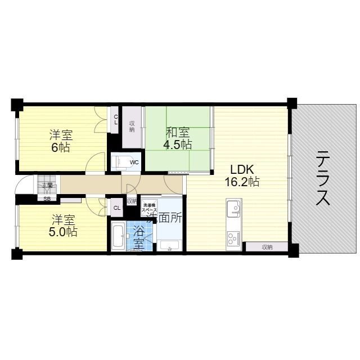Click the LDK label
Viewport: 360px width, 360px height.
[242, 169]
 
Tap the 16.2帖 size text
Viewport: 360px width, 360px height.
[242, 182]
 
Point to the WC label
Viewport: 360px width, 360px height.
[134, 163]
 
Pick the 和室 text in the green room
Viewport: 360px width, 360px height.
[177, 133]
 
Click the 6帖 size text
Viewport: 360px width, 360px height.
[60, 147]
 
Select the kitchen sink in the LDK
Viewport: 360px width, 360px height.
[234, 209]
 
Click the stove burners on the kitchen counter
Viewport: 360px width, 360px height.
[233, 240]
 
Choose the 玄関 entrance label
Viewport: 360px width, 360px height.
[47, 184]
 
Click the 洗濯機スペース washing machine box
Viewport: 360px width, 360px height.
[149, 207]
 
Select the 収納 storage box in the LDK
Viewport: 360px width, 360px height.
[267, 246]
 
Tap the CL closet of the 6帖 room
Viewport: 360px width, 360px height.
[116, 119]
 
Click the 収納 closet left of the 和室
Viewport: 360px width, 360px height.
[132, 127]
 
